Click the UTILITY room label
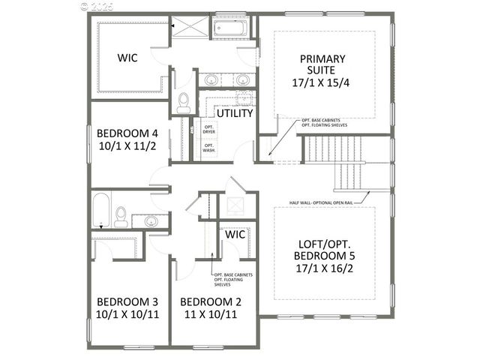coord(235,113)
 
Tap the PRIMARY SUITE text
coord(322,65)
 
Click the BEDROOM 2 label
coord(211,303)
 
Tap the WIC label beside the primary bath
coord(126,57)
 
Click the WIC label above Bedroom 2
coord(236,235)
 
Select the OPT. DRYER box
coord(209,129)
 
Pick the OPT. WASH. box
coord(209,148)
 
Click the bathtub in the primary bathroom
coord(232,29)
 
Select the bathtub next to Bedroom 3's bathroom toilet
coord(101,209)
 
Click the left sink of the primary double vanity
coord(211,79)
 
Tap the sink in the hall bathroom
coord(151,220)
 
